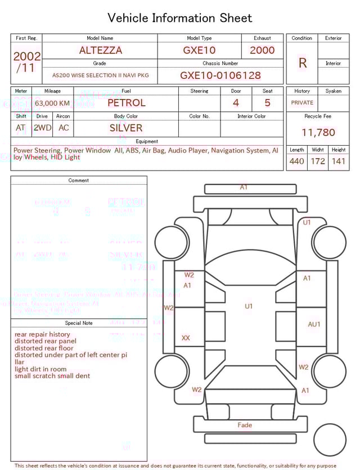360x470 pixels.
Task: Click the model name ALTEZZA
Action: click(x=101, y=50)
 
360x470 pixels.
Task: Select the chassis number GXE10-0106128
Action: click(x=220, y=75)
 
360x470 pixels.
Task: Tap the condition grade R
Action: click(x=303, y=63)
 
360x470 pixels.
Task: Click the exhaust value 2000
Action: click(x=262, y=50)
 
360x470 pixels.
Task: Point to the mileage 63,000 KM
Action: click(x=52, y=104)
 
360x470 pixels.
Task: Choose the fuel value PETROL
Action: click(x=126, y=103)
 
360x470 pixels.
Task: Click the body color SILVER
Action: click(x=126, y=128)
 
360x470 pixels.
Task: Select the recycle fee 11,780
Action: click(x=318, y=133)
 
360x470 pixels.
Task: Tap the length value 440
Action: click(x=297, y=162)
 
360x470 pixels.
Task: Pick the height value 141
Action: click(x=339, y=162)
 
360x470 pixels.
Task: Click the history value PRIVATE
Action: click(x=302, y=103)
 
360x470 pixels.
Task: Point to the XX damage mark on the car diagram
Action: click(x=186, y=338)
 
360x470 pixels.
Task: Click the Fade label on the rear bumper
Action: click(x=245, y=425)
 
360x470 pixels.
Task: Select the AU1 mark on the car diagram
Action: click(x=314, y=324)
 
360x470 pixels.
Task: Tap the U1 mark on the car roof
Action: click(x=249, y=306)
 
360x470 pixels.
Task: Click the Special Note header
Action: click(x=79, y=323)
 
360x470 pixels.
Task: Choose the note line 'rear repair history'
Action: click(x=43, y=334)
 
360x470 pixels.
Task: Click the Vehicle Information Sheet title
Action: click(x=180, y=18)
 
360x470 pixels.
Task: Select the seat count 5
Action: click(x=268, y=103)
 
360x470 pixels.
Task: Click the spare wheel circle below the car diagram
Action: click(x=330, y=440)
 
